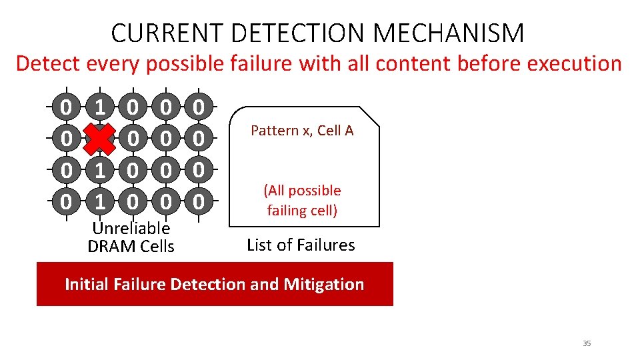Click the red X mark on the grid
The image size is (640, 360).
point(99,139)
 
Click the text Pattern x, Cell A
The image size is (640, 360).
point(302,131)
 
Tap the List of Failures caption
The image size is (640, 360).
point(301,245)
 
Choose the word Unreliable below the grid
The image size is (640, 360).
point(131,228)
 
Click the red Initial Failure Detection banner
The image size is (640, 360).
point(214,284)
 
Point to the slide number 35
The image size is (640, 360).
point(587,343)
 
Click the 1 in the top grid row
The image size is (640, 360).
point(99,107)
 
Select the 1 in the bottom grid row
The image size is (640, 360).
point(99,200)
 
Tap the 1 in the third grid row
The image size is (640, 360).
point(99,170)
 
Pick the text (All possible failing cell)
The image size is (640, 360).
point(303,201)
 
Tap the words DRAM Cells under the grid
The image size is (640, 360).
point(131,246)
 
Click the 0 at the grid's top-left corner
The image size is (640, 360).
point(65,107)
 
